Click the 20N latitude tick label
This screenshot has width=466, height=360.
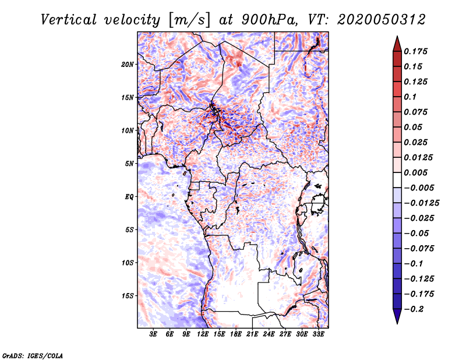[128, 65]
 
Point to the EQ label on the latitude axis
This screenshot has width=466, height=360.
[129, 197]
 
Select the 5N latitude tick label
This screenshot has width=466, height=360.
[129, 164]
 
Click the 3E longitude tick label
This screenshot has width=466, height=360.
[153, 334]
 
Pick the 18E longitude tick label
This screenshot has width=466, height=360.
[236, 334]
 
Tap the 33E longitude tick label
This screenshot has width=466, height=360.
[318, 334]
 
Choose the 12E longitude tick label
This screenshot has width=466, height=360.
[203, 334]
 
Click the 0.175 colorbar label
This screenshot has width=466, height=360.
[415, 51]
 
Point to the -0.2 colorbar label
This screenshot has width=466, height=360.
[414, 309]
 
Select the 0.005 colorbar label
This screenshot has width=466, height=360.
[415, 172]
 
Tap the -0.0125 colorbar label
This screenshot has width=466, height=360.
[421, 203]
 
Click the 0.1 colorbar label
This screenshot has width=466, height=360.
[410, 97]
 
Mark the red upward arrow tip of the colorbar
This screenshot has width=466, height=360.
[397, 37]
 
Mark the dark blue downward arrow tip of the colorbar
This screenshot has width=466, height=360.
[397, 323]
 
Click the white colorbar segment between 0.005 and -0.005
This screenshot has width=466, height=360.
[397, 180]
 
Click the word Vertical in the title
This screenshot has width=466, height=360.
[69, 20]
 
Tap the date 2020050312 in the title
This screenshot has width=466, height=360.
[382, 20]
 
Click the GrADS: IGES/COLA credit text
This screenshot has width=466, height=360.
[33, 356]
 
